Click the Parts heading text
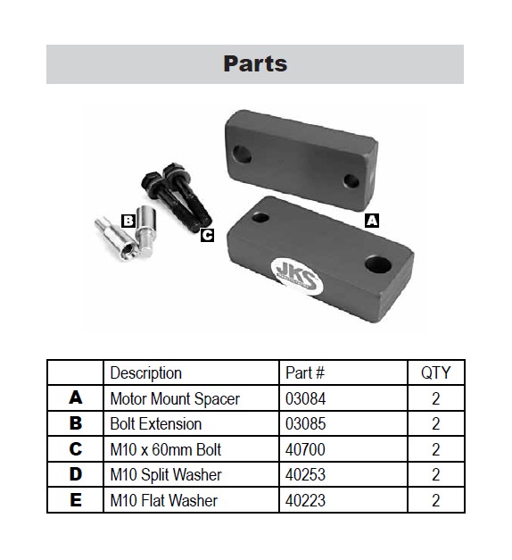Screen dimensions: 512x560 (255, 63)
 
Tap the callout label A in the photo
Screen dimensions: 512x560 (372, 221)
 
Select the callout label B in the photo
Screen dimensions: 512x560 (128, 221)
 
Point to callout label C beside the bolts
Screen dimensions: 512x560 (207, 235)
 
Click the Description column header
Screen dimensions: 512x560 (146, 372)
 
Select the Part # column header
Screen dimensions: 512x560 (305, 372)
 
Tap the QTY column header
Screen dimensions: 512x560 (435, 372)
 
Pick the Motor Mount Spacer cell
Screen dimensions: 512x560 (175, 398)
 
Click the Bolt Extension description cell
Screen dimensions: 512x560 (156, 424)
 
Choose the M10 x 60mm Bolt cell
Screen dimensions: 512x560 (166, 449)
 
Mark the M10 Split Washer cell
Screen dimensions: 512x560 (166, 475)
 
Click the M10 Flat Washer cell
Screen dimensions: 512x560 (164, 500)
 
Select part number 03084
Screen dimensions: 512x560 (305, 398)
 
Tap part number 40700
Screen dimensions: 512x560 (305, 449)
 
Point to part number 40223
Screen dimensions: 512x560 (305, 500)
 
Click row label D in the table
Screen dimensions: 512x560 (75, 474)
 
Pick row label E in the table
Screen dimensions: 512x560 (75, 500)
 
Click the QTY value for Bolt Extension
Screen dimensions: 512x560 (435, 424)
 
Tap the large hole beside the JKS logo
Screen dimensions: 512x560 (378, 264)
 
